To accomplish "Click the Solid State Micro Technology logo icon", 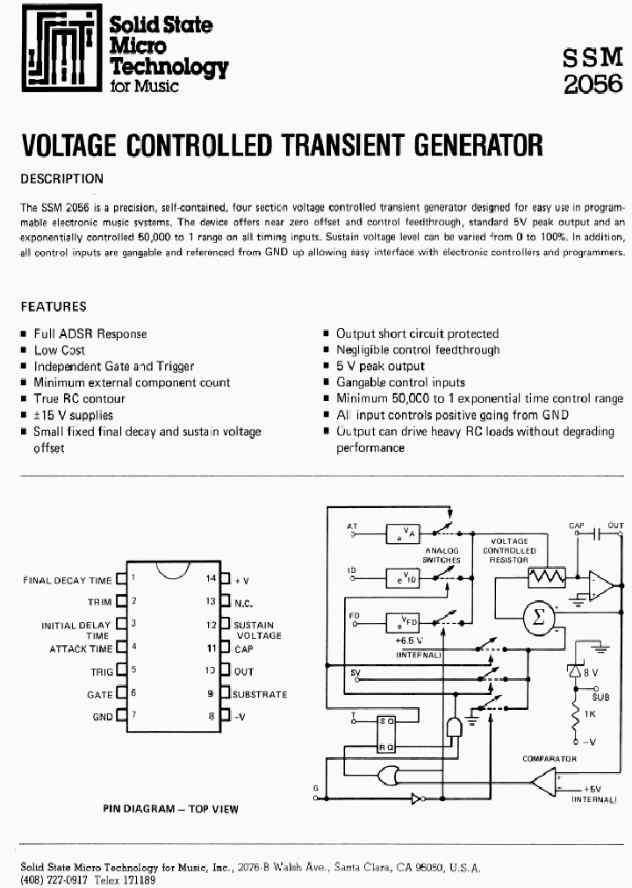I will [58, 51].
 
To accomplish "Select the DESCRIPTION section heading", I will [61, 178].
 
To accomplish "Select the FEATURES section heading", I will [54, 306].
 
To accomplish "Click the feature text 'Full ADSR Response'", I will [90, 333].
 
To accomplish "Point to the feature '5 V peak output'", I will [380, 366].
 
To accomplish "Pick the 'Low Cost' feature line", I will [60, 350].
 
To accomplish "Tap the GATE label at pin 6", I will [99, 693].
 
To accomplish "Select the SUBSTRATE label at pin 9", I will [261, 694].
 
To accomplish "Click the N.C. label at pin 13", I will [243, 603].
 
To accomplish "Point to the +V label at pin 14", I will [241, 580].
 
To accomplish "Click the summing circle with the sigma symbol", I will [539, 617].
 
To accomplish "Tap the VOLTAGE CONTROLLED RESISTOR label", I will [509, 550].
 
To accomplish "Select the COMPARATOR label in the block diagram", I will [549, 758].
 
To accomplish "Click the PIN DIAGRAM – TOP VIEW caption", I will [170, 809].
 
